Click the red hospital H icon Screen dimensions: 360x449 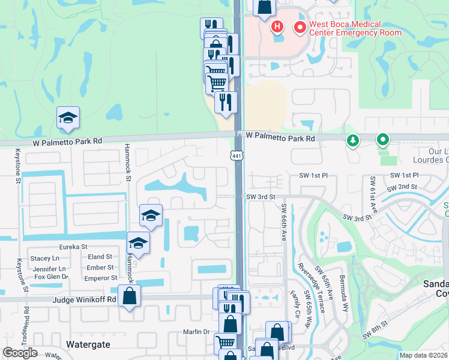point(277,27)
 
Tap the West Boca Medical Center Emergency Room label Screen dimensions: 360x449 point(345,28)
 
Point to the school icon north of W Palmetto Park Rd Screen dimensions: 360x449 point(68,119)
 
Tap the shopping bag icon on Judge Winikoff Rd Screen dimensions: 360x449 point(129,296)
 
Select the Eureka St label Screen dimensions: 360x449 point(73,247)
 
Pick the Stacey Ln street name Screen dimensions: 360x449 point(44,258)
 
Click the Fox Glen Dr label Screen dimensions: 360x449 point(52,277)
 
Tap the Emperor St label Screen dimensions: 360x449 point(101,278)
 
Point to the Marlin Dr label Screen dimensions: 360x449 point(196,332)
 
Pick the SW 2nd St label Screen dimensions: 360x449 point(403,187)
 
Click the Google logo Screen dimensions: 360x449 point(20,353)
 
